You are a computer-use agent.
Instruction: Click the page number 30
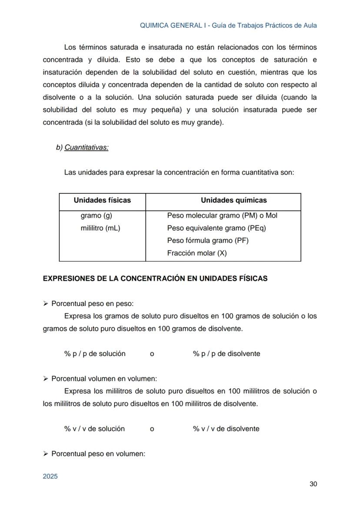click(x=313, y=484)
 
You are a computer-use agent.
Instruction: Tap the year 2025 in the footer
click(x=50, y=476)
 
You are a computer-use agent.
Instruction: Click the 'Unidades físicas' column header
click(x=102, y=200)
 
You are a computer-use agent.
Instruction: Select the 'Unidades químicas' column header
click(x=233, y=200)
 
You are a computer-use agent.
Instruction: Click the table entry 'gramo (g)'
click(x=97, y=216)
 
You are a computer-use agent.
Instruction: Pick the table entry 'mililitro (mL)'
click(x=100, y=228)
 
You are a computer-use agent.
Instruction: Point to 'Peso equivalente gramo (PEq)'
click(x=216, y=228)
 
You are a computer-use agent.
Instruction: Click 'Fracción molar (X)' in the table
click(x=197, y=253)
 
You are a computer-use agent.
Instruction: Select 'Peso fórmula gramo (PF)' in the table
click(x=207, y=240)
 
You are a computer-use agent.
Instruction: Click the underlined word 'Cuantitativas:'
click(x=86, y=148)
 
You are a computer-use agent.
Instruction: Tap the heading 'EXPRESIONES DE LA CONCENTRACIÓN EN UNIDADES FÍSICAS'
click(x=155, y=279)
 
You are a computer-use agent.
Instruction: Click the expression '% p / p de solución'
click(x=95, y=354)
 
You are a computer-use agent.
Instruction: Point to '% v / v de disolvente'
click(x=226, y=429)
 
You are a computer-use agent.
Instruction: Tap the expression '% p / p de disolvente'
click(x=227, y=354)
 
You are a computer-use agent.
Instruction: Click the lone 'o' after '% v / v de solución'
click(x=152, y=429)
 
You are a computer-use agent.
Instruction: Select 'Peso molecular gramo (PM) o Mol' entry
click(x=222, y=216)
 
